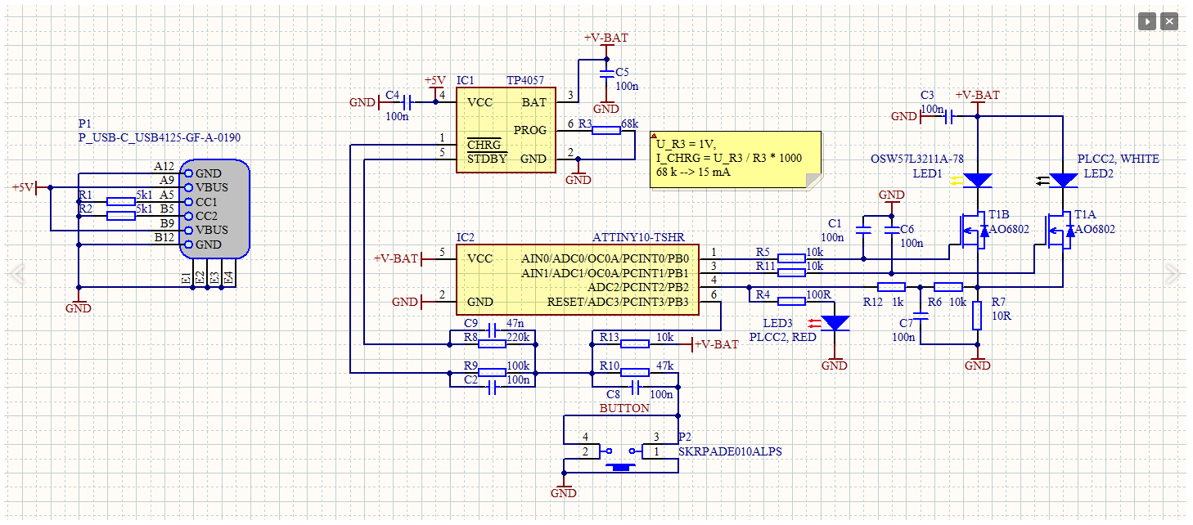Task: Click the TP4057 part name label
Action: (525, 80)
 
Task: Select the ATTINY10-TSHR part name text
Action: (638, 237)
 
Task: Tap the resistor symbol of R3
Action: (606, 131)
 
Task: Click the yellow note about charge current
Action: (736, 159)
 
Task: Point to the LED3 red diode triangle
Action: (835, 323)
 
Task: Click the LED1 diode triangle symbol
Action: (977, 180)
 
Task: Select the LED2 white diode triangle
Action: (1063, 180)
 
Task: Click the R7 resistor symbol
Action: (977, 316)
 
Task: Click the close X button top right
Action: (1169, 21)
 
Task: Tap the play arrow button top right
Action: (1147, 21)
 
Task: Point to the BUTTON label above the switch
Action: (624, 408)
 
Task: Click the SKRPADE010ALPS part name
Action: (730, 451)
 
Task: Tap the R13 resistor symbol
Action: (635, 344)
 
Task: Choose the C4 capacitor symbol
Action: (407, 101)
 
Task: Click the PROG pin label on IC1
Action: (529, 131)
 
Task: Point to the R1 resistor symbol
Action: (121, 201)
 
